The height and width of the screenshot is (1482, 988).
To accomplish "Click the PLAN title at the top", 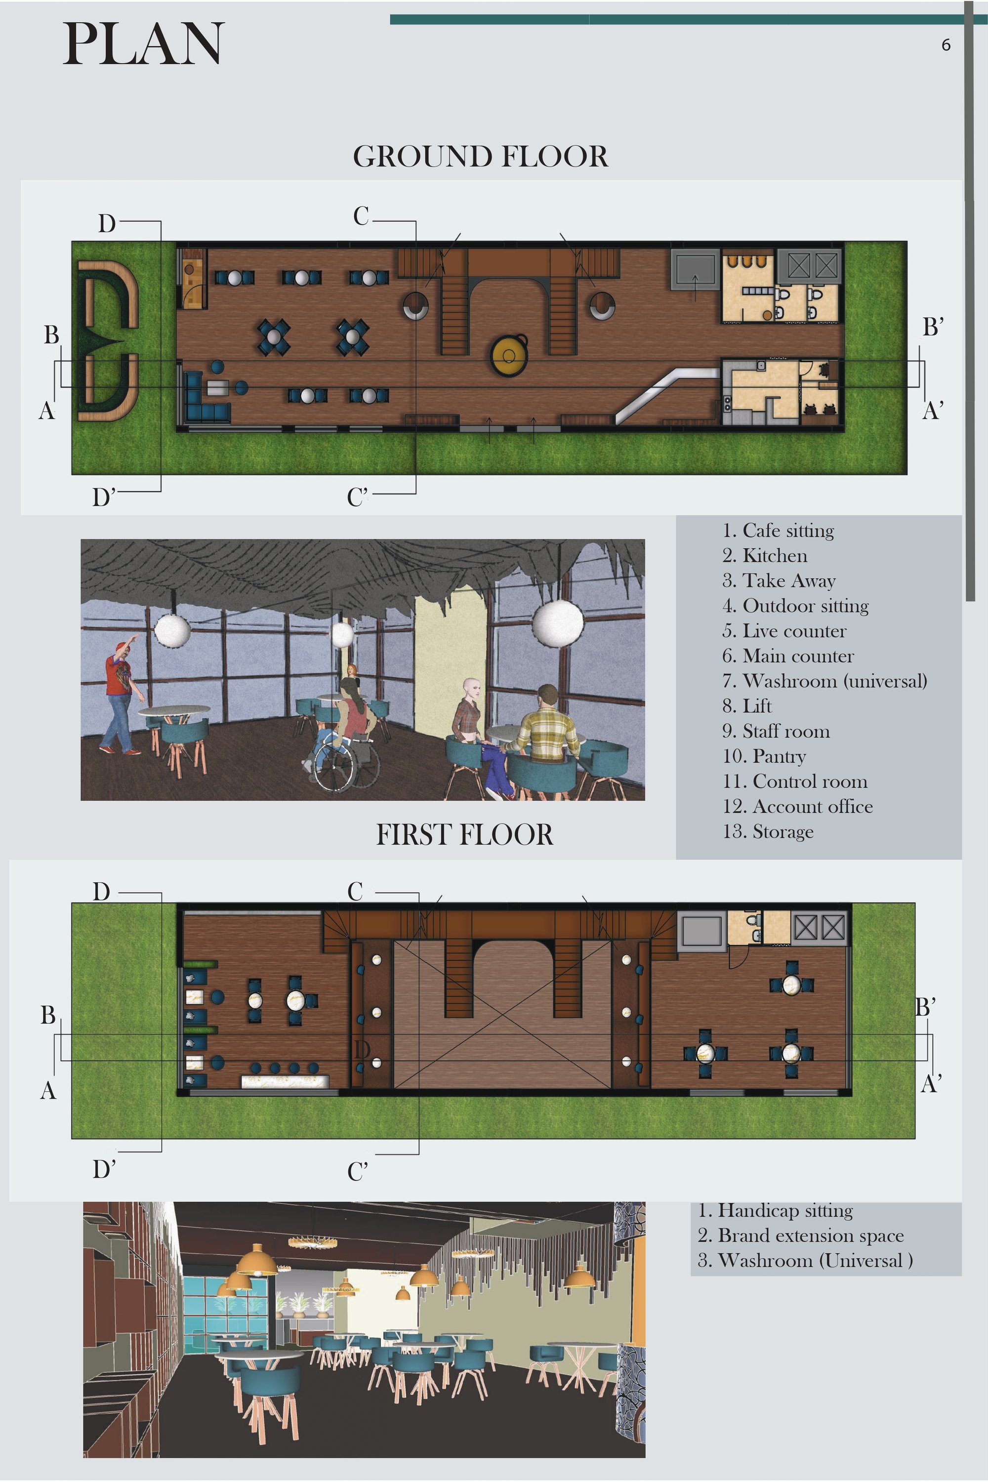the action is [x=144, y=43].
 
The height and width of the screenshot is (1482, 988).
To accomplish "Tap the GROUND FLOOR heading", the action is [x=480, y=156].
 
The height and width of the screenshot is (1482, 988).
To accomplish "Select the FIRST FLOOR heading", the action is [x=464, y=834].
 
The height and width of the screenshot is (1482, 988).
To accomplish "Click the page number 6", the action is [x=946, y=45].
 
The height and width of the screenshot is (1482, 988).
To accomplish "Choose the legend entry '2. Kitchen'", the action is [x=764, y=555].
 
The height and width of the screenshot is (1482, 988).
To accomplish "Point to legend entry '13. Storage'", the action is [x=768, y=832].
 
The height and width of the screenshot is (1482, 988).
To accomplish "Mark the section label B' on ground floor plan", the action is [x=933, y=328].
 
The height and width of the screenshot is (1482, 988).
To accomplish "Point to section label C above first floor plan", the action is [x=355, y=892].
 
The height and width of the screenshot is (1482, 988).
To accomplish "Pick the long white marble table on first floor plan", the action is [x=285, y=1082].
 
